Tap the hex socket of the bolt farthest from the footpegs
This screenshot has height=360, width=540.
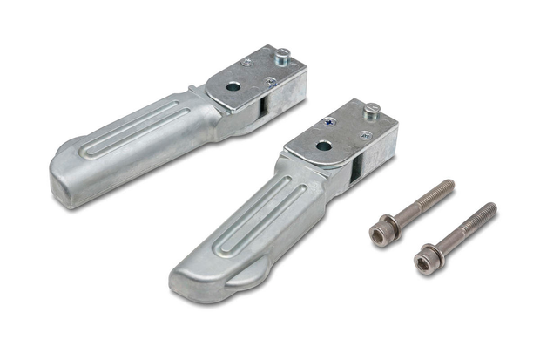(x=427, y=260)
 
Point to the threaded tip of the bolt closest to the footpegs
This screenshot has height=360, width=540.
(x=448, y=185)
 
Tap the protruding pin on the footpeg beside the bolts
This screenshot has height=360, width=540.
(x=371, y=110)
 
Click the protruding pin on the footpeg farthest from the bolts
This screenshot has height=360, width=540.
(x=283, y=54)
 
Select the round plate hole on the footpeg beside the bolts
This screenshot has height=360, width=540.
(x=323, y=146)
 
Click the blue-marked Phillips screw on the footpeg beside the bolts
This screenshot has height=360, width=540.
(x=329, y=122)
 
